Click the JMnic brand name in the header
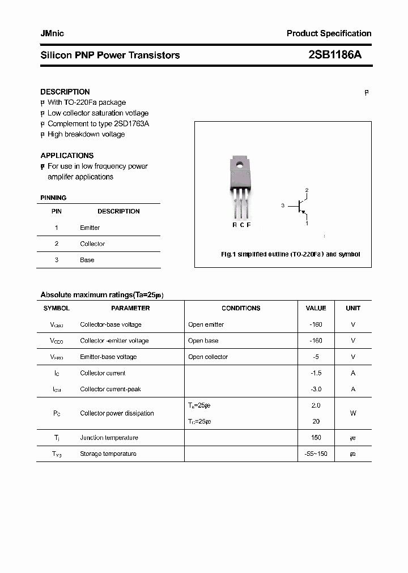pos(52,33)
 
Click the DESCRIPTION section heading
pos(65,92)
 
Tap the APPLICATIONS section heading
pos(67,155)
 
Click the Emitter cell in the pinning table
pos(90,228)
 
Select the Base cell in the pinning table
pos(87,260)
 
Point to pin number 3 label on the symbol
pos(282,206)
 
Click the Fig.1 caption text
pos(290,255)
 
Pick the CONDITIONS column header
pos(241,309)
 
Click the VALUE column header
pos(316,309)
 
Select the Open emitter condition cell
pos(206,324)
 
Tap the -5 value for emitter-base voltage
pos(316,357)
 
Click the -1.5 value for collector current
pos(316,373)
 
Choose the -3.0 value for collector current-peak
pos(316,389)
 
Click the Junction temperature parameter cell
pos(109,438)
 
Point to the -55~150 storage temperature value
pos(316,454)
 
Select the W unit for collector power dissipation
pos(353,413)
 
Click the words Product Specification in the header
pos(329,33)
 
